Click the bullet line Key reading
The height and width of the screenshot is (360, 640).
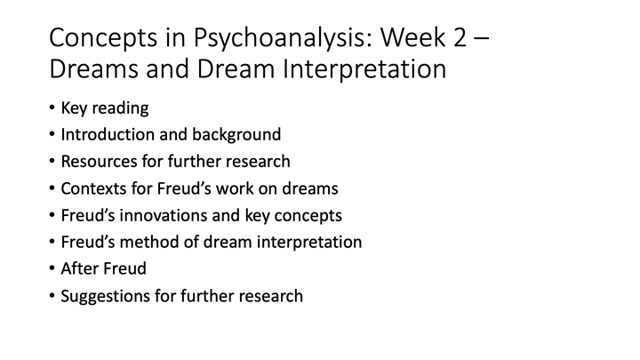104,109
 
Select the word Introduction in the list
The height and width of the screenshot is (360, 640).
105,136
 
